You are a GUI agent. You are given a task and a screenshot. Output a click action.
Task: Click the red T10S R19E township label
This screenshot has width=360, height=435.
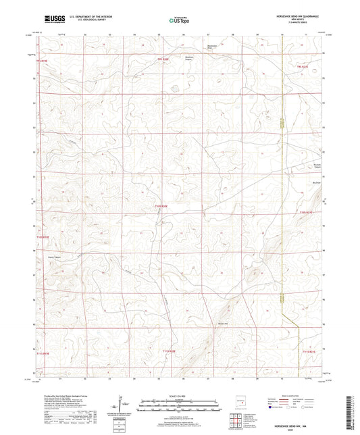[43, 236]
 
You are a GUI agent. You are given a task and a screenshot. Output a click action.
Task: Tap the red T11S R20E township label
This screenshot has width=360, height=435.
[169, 351]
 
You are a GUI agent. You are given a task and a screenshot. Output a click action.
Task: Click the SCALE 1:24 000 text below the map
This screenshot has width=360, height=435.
[180, 396]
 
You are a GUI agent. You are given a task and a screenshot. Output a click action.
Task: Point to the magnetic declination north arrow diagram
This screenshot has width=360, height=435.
[122, 406]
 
